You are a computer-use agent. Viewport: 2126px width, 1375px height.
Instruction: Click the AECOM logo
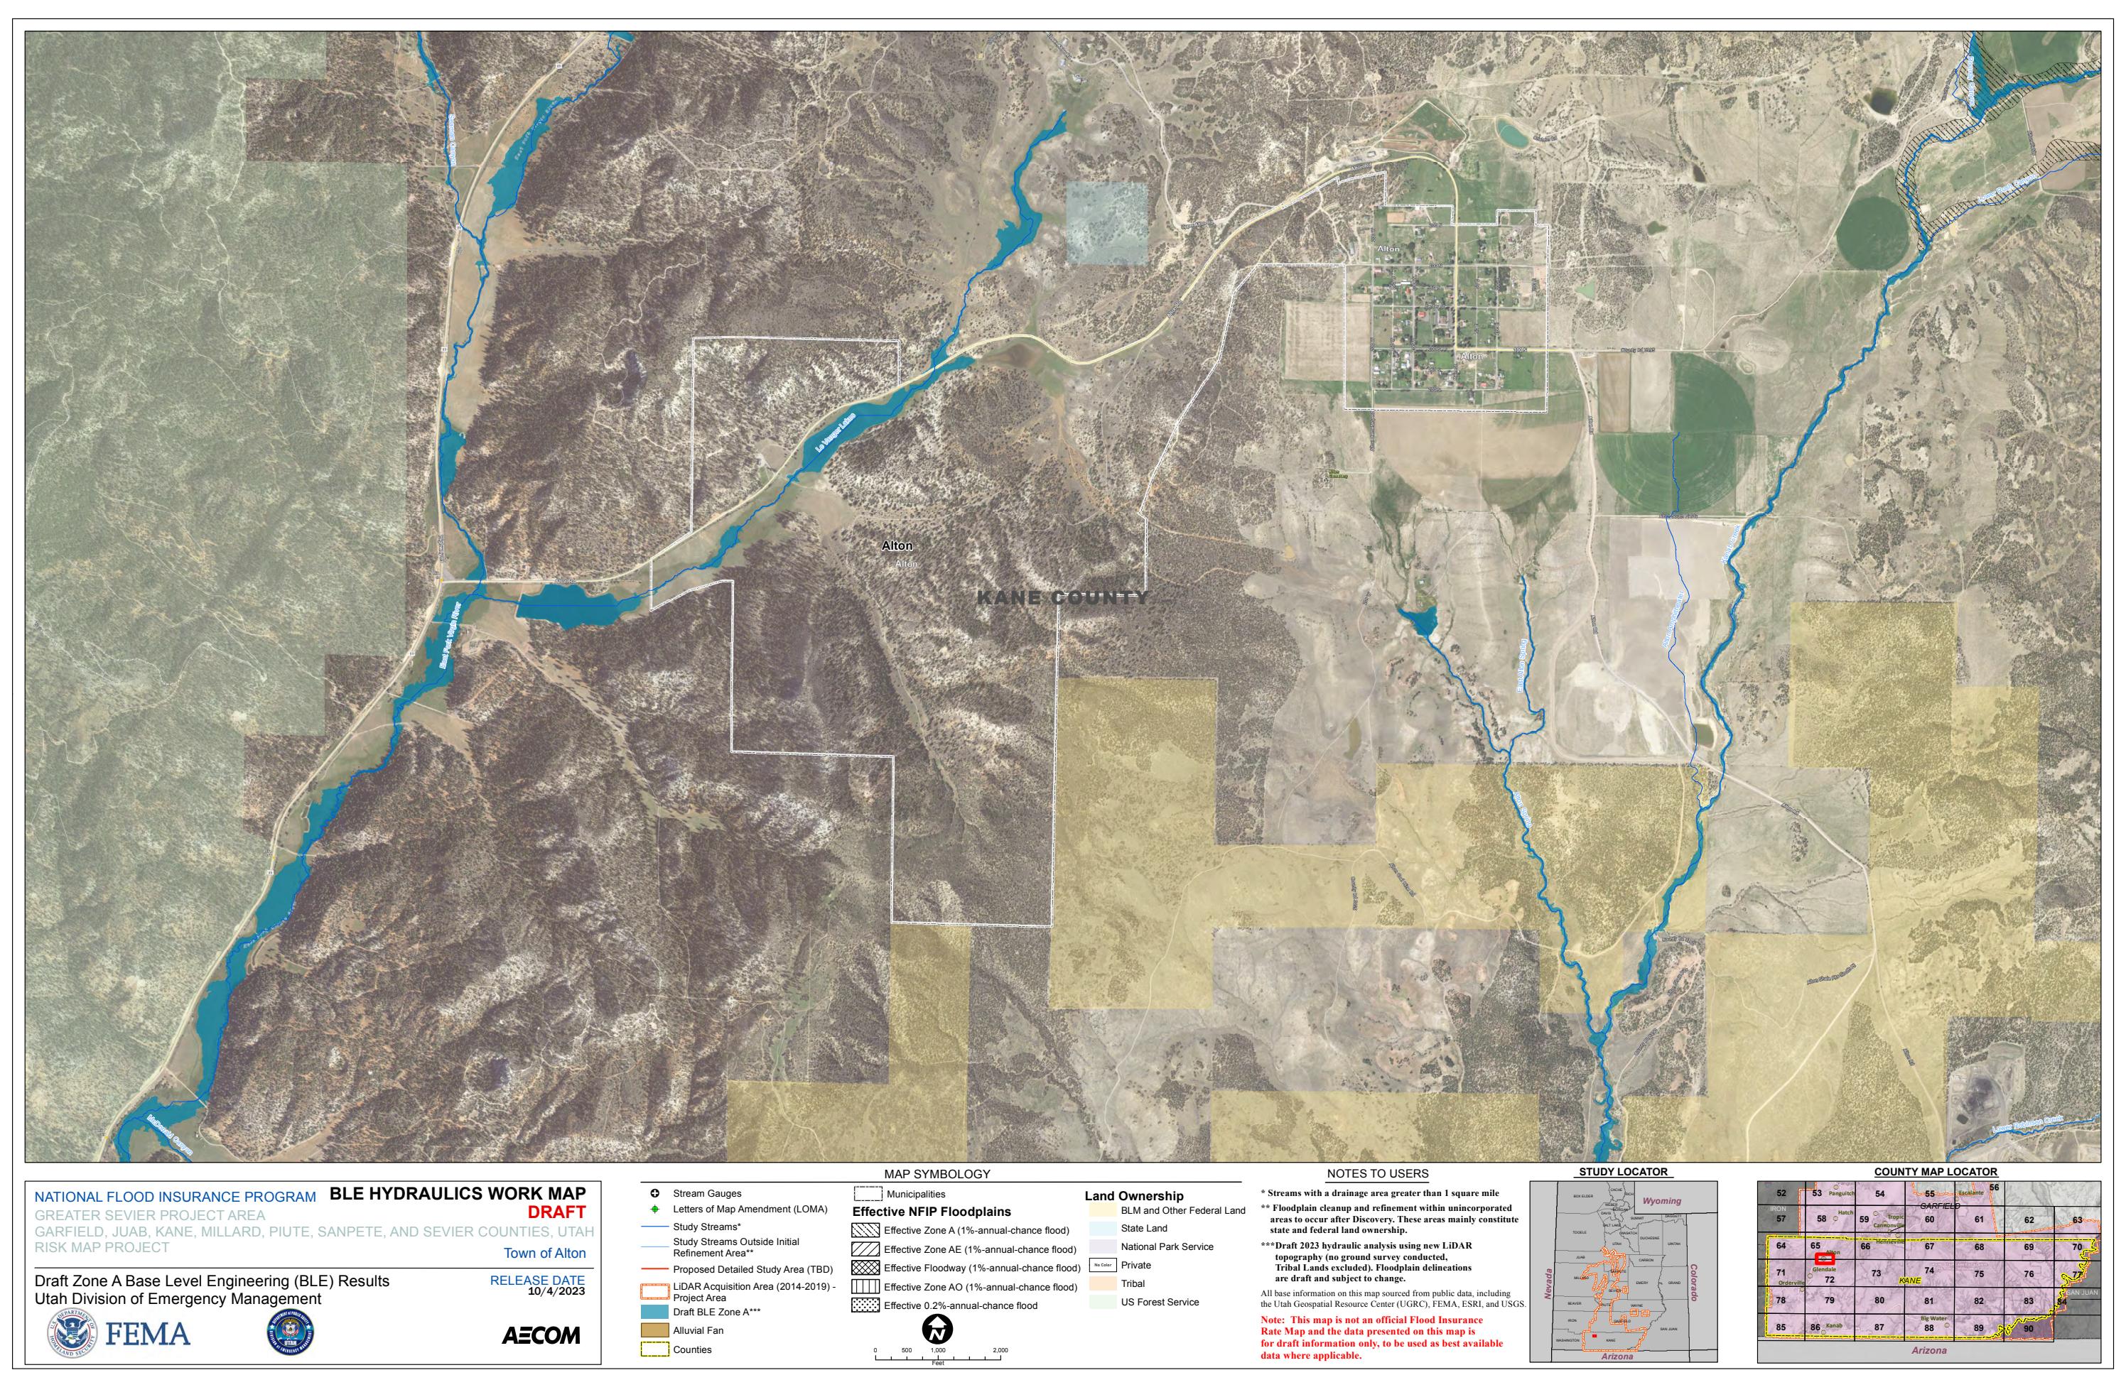pos(541,1336)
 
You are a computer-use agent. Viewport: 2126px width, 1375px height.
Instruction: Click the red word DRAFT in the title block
pos(556,1212)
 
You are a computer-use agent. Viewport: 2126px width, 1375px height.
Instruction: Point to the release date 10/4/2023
pos(556,1291)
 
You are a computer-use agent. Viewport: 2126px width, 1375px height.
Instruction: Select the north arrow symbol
pos(937,1330)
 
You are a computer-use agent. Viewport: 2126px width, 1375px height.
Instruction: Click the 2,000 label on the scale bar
pos(1000,1350)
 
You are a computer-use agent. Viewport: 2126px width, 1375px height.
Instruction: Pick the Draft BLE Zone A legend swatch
pos(654,1312)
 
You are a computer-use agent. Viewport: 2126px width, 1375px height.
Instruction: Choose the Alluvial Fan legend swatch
pos(654,1330)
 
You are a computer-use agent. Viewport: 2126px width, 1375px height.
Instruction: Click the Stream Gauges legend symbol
pos(654,1194)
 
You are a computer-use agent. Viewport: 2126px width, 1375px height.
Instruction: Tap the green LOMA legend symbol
pos(654,1209)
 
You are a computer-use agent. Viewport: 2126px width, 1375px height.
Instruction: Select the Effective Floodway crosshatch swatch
pos(865,1268)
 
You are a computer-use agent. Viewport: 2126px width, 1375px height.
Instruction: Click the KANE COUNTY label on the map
pos(1062,598)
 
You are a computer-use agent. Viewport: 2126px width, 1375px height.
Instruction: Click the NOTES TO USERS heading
pos(1378,1174)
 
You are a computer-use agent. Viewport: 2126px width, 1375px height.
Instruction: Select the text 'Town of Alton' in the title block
pos(544,1254)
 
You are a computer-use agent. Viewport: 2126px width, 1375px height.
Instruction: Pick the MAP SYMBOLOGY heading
pos(937,1174)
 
